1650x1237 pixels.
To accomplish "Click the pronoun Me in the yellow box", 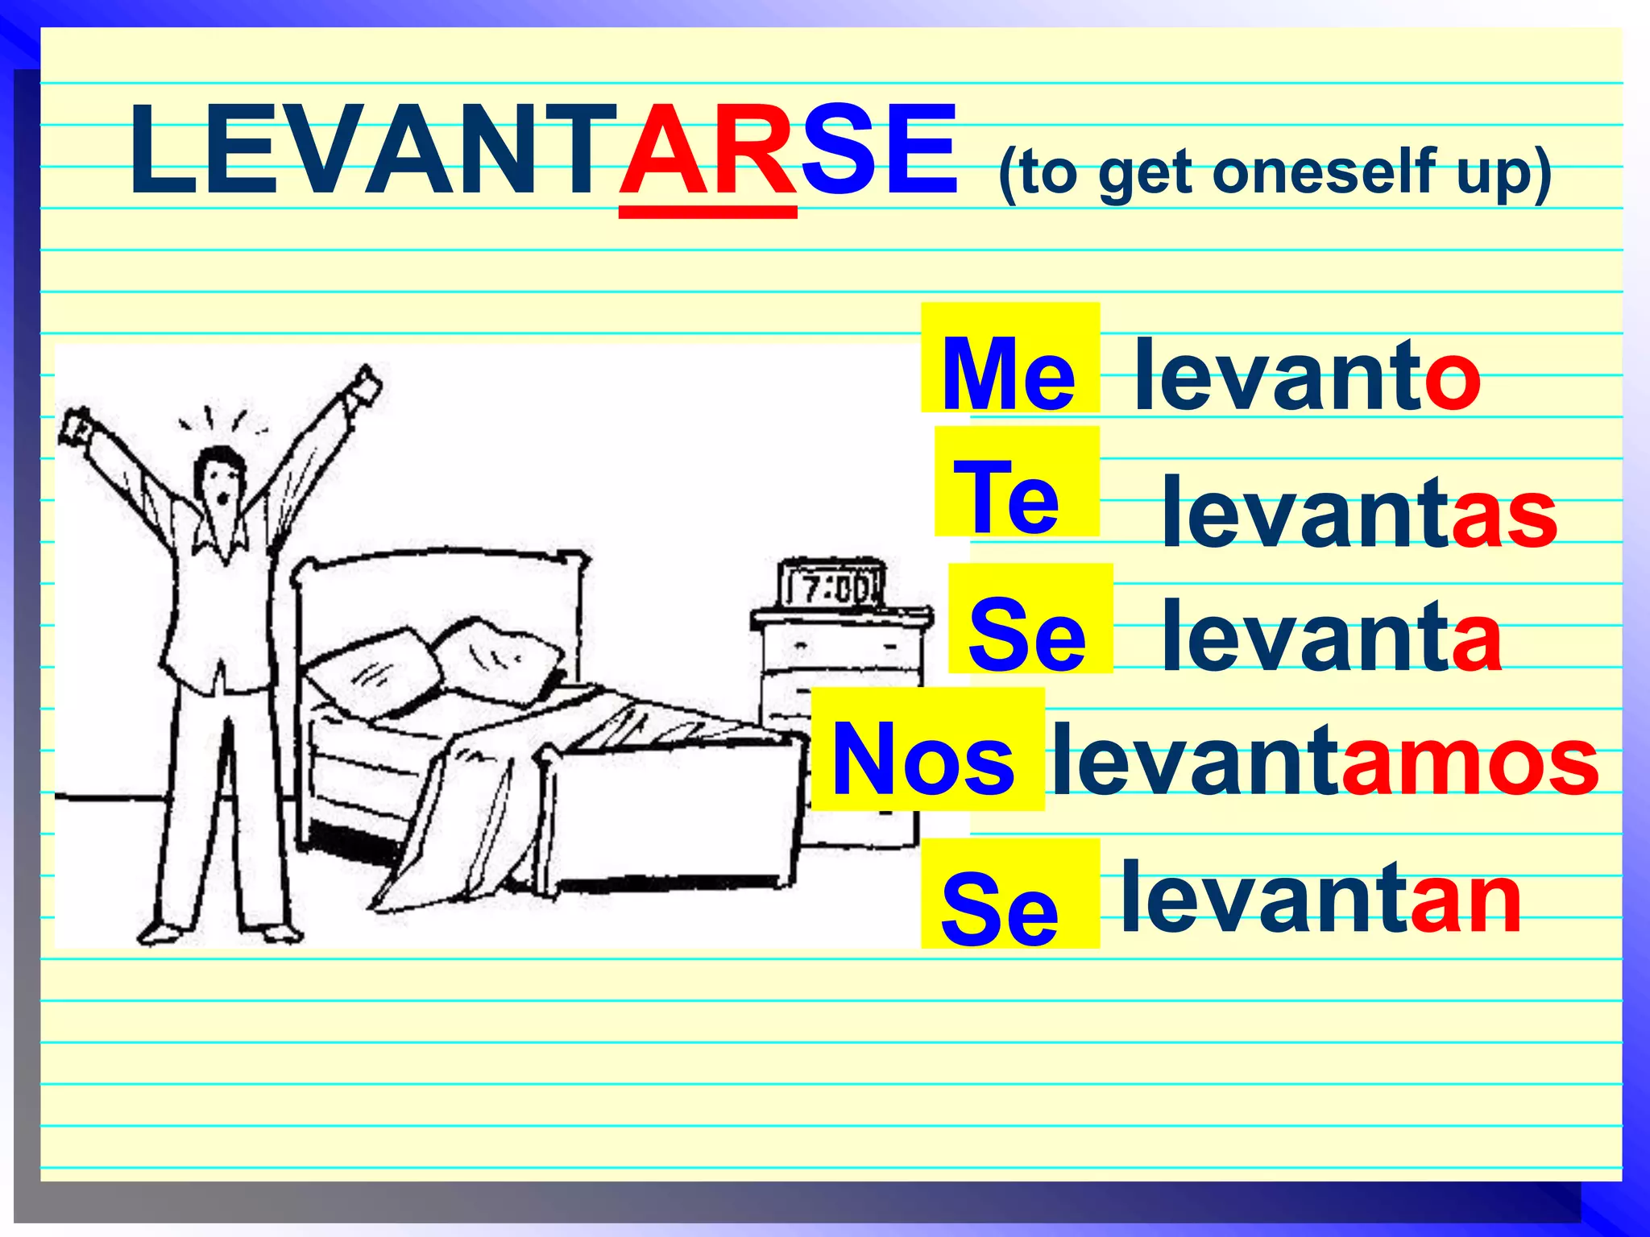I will point(1008,373).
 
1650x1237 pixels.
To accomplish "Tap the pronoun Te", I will point(1005,497).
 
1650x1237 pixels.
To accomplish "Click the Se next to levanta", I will point(1027,634).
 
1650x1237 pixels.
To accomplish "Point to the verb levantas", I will point(1359,512).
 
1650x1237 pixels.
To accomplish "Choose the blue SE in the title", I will point(878,153).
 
